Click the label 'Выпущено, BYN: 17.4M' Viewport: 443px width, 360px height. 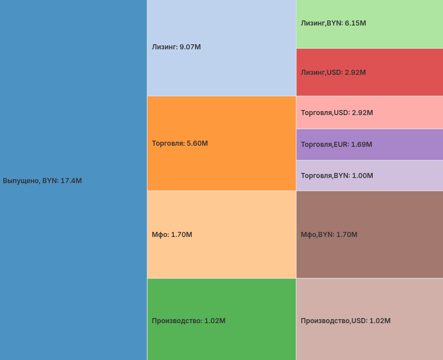point(42,181)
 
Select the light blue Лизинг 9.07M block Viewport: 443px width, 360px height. point(221,68)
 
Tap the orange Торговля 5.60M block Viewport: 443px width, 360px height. point(221,164)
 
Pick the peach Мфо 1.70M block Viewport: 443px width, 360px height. point(221,255)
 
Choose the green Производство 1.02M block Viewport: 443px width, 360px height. point(221,340)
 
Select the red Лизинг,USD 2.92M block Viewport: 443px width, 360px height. point(369,85)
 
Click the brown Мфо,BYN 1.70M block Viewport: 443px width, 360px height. point(369,255)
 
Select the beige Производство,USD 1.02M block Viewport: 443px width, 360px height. point(369,340)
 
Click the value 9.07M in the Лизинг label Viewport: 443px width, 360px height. point(190,47)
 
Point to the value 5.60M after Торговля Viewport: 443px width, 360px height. point(197,143)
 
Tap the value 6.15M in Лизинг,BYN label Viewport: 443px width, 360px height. point(355,23)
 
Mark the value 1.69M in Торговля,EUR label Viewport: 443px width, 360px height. point(361,145)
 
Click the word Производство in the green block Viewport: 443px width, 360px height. point(176,321)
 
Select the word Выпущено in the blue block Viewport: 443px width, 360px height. point(20,181)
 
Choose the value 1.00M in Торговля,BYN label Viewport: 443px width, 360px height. point(363,176)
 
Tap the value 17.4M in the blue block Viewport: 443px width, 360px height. point(71,181)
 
